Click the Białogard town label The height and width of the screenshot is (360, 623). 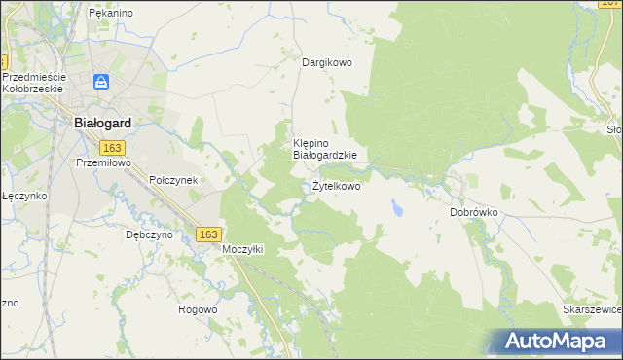tap(103, 124)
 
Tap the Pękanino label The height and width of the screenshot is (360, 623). tap(110, 13)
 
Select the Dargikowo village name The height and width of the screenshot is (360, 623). tap(326, 62)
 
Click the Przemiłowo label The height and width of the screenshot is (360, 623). tap(103, 164)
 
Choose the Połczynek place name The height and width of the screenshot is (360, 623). tap(173, 180)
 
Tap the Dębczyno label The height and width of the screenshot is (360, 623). tap(149, 234)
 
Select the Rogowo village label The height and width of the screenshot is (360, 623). tap(198, 309)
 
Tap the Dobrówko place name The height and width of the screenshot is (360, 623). tap(474, 211)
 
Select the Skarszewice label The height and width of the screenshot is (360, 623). tap(592, 308)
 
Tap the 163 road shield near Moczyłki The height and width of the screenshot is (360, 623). tap(207, 234)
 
